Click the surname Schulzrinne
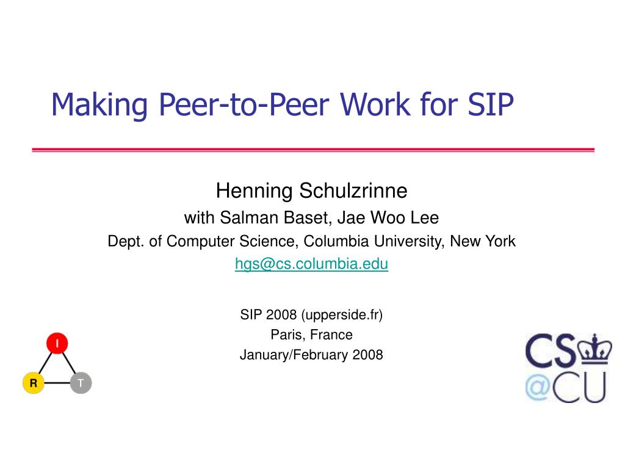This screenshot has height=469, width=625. coord(353,191)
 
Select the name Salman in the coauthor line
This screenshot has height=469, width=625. coord(244,217)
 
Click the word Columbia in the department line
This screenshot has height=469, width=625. coord(334,241)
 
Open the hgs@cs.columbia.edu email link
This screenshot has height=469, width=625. coord(311,264)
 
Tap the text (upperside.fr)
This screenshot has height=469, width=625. coord(342,314)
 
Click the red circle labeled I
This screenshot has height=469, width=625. coord(57,344)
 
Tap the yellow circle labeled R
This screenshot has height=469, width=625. coord(34,384)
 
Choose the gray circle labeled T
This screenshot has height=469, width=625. coord(81,384)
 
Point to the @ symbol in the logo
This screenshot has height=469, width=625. coord(538,386)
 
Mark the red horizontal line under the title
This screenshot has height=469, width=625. coord(312,150)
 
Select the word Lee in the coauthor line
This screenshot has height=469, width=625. coord(426,217)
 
